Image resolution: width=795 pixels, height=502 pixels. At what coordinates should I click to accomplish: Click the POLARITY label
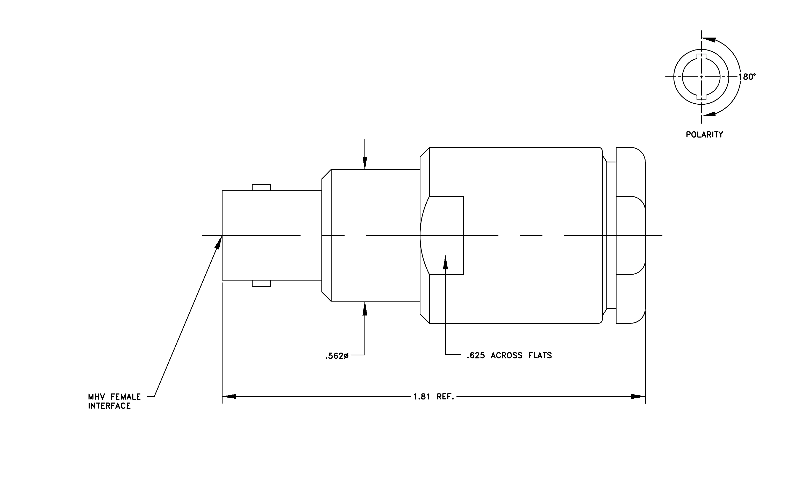pyautogui.click(x=704, y=135)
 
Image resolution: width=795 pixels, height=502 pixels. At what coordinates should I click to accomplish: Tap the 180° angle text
pyautogui.click(x=747, y=77)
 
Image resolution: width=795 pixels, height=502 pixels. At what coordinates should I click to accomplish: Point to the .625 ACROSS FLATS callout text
pyautogui.click(x=509, y=355)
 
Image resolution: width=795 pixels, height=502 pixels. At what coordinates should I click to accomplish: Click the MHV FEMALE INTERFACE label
pyautogui.click(x=114, y=401)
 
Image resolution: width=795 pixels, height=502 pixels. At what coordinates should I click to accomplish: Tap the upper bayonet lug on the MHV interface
pyautogui.click(x=261, y=188)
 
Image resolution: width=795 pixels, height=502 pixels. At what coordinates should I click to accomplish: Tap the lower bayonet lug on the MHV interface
pyautogui.click(x=261, y=283)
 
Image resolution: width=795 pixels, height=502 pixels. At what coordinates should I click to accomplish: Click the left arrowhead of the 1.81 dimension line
pyautogui.click(x=229, y=396)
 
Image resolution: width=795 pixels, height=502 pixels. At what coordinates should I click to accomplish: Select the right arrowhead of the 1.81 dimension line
pyautogui.click(x=638, y=396)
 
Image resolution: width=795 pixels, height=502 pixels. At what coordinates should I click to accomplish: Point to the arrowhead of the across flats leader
pyautogui.click(x=445, y=262)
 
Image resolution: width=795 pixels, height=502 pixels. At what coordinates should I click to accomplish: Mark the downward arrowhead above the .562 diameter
pyautogui.click(x=365, y=163)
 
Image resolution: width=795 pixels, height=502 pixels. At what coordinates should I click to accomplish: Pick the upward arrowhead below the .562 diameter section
pyautogui.click(x=365, y=308)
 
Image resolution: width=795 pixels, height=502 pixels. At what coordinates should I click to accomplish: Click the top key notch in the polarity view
pyautogui.click(x=701, y=56)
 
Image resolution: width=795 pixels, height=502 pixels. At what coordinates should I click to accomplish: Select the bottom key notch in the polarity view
pyautogui.click(x=701, y=97)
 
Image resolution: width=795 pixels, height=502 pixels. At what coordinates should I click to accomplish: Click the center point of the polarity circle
pyautogui.click(x=701, y=77)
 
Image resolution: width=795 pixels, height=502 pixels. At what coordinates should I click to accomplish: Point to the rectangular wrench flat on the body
pyautogui.click(x=442, y=235)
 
